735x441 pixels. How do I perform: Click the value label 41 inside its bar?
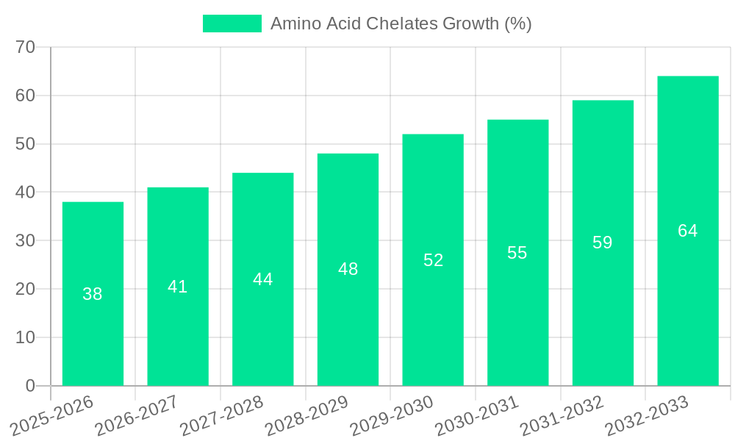(178, 287)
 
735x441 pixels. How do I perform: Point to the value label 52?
(433, 260)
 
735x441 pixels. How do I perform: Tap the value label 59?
(603, 243)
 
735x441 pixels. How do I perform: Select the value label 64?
(688, 231)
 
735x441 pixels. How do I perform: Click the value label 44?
(263, 279)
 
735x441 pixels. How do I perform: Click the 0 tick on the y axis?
(30, 386)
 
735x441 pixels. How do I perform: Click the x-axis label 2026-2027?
(135, 416)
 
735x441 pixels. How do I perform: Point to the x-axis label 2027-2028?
(220, 416)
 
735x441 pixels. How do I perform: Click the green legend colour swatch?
(232, 24)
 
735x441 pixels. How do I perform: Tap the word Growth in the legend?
(471, 24)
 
